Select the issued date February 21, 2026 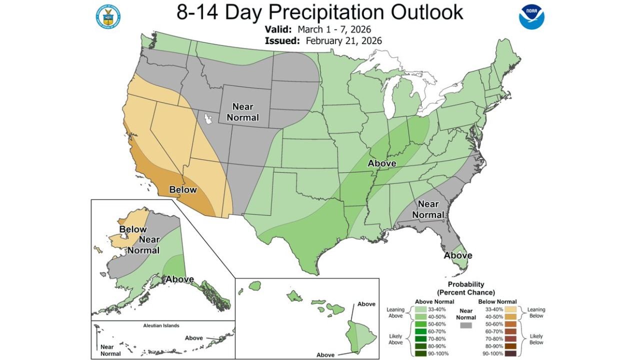pos(343,41)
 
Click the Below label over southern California pos(182,190)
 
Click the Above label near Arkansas pos(381,163)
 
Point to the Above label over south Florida pos(458,255)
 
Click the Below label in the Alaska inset pos(132,229)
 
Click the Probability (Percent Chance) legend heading pos(465,288)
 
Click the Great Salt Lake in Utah pos(207,119)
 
